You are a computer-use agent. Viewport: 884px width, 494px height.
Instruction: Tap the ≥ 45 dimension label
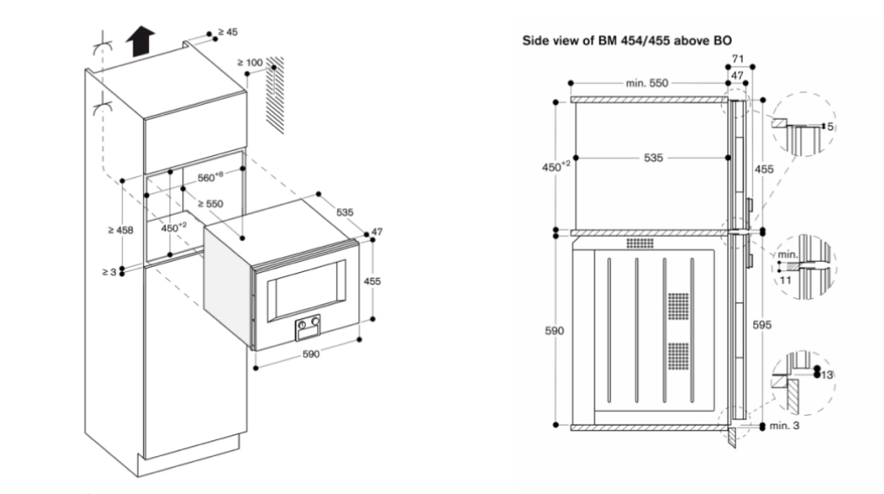click(228, 32)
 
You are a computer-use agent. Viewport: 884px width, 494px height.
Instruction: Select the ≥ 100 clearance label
click(251, 62)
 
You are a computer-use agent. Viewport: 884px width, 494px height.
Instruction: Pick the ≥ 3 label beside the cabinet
click(107, 272)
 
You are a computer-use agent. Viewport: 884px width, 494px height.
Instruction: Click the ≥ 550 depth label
click(211, 205)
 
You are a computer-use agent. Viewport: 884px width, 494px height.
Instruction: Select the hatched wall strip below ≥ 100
click(276, 95)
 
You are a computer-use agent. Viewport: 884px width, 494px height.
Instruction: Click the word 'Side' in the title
click(532, 40)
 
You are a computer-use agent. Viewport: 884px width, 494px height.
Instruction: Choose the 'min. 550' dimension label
click(648, 83)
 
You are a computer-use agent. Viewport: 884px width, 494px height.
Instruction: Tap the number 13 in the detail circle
click(829, 374)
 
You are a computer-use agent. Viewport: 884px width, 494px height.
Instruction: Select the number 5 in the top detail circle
click(829, 127)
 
